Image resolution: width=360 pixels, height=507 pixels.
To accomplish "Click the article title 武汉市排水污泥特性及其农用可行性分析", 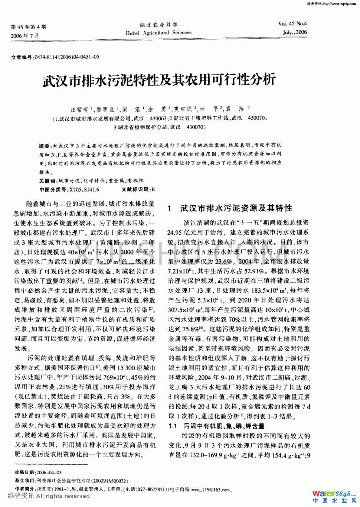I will point(159,80).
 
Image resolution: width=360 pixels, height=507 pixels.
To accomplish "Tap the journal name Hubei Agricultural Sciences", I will point(158,33).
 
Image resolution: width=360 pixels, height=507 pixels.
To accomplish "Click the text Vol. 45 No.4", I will point(292,24).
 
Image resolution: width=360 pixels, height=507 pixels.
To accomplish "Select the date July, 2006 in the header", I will point(295,32).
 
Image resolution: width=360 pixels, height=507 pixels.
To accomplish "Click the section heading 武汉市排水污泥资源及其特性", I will point(236,208).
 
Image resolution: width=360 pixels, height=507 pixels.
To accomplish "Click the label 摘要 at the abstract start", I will point(44,146).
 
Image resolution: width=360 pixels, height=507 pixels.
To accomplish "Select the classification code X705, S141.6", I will point(84,190).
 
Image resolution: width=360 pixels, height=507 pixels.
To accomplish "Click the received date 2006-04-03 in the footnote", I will point(49,473).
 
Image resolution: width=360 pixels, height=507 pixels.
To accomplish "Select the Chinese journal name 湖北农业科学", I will point(158,25).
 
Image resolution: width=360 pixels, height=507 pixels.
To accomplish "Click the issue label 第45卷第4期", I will point(29,27).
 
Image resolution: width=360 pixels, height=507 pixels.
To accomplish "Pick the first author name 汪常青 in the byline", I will point(79,110).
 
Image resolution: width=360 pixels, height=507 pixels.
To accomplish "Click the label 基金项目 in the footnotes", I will point(25,481).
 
